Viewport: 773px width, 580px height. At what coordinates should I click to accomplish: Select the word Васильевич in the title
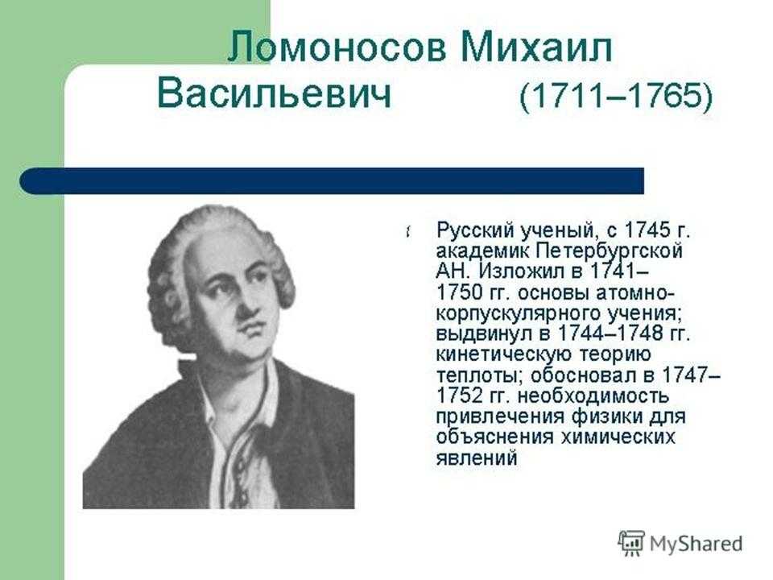click(274, 94)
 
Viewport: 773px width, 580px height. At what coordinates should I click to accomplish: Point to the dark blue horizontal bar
click(332, 180)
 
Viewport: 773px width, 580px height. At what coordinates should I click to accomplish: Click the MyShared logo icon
click(631, 544)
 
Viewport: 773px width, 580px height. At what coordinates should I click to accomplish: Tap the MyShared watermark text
click(696, 544)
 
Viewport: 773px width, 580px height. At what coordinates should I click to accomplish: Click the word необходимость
click(593, 396)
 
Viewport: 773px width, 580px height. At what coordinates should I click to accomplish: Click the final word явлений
click(477, 458)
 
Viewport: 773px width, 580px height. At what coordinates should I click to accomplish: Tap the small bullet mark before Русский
click(409, 231)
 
